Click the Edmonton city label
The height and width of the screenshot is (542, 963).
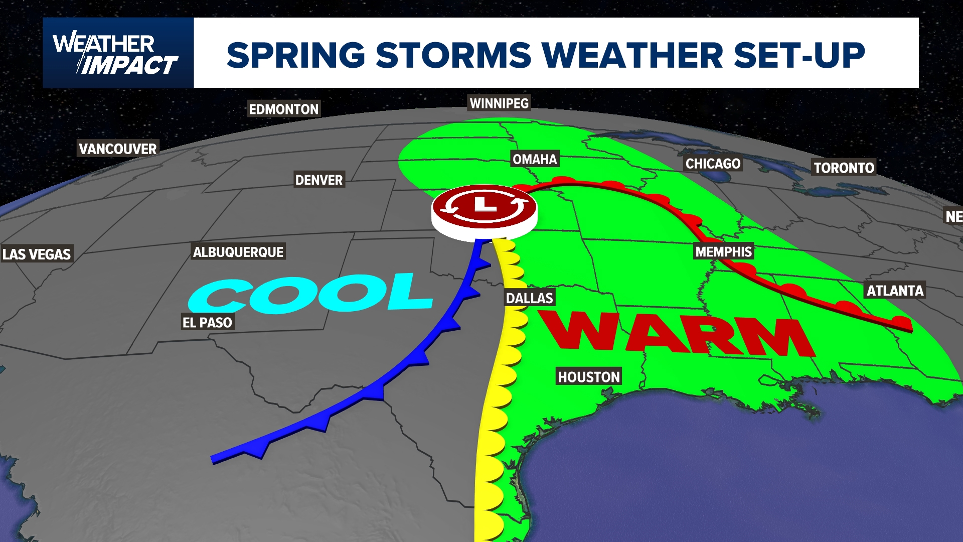point(283,109)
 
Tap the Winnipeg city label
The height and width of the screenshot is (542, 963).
point(499,103)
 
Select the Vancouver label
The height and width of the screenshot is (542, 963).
point(118,149)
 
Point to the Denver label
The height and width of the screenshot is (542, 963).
point(319,180)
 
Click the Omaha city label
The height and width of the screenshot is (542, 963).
point(535,160)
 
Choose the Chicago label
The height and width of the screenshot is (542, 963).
point(713,164)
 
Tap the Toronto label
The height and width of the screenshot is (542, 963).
point(844,168)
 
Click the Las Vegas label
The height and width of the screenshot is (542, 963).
point(37,254)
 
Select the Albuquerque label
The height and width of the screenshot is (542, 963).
point(238,252)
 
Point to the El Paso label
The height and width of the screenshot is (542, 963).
point(207,322)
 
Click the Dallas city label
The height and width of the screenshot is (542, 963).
point(529,298)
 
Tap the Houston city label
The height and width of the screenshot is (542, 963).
point(589,377)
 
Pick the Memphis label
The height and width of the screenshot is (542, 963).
point(723,251)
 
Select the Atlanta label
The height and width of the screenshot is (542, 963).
point(895,291)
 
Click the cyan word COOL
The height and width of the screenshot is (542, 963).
point(311,294)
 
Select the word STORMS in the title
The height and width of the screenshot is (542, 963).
point(453,55)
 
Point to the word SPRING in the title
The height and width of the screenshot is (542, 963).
point(296,55)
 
